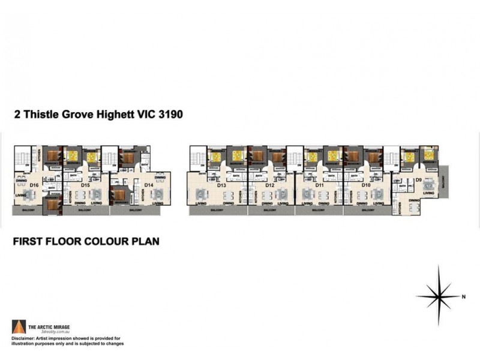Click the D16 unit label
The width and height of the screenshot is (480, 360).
(34, 185)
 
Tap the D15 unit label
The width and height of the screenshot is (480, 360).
(85, 185)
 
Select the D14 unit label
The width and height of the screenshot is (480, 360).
(148, 185)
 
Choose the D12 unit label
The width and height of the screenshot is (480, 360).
(269, 185)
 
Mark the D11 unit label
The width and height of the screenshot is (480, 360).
(319, 185)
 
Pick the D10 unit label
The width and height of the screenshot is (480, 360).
(366, 185)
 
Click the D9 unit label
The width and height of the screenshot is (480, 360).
(418, 179)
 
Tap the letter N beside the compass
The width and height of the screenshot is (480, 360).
(464, 296)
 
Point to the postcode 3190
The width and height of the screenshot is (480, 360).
(168, 113)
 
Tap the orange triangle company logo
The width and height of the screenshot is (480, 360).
(19, 327)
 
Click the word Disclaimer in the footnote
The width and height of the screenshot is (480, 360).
(25, 338)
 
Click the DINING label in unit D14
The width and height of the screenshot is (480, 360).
(160, 178)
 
